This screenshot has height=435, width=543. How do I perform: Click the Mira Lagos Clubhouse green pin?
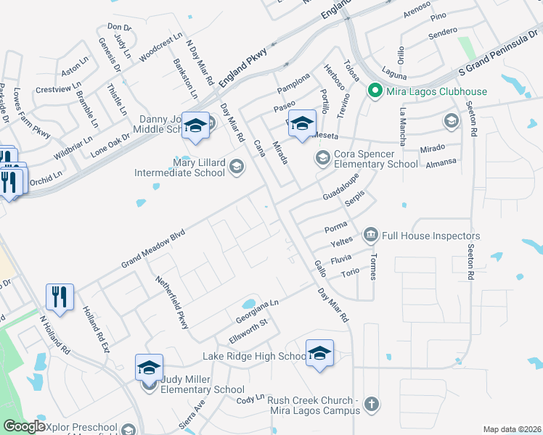click(375, 91)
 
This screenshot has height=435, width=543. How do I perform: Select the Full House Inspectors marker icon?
click(371, 236)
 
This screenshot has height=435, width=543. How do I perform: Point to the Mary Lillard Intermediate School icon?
click(235, 168)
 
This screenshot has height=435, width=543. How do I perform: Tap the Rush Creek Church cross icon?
click(371, 403)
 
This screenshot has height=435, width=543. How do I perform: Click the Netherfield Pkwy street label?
click(173, 302)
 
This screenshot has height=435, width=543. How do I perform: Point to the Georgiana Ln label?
click(257, 313)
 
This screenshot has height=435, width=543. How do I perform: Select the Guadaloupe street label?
click(340, 188)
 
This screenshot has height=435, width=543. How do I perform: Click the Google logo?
click(24, 426)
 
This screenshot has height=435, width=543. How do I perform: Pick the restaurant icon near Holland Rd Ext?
click(60, 296)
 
